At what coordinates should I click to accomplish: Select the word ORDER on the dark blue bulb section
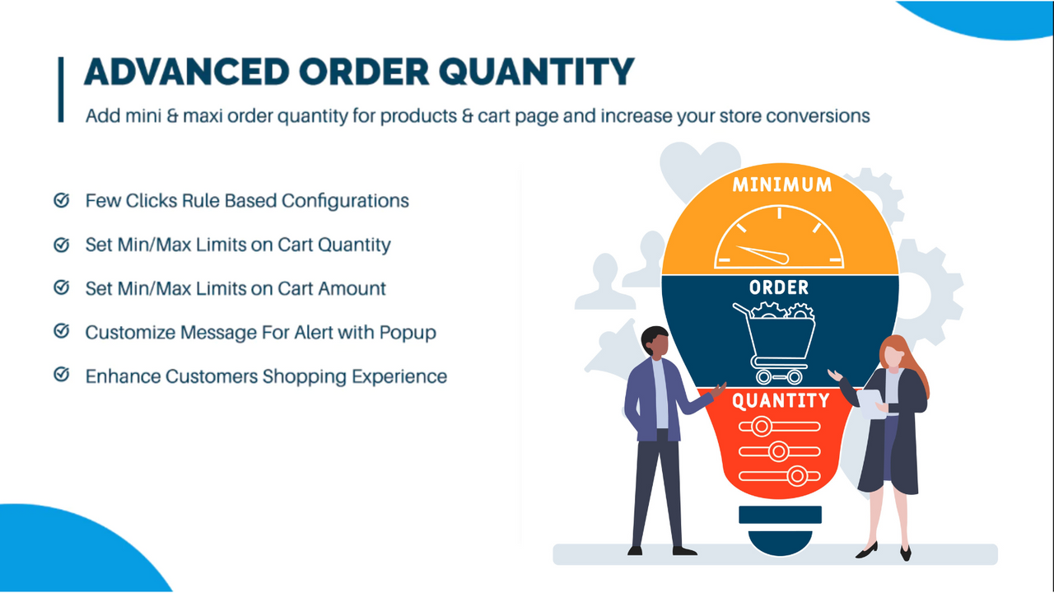pyautogui.click(x=778, y=288)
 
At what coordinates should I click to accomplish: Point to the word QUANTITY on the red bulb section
pyautogui.click(x=780, y=401)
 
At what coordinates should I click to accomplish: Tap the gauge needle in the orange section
pyautogui.click(x=758, y=254)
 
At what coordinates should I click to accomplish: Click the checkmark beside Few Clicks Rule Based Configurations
pyautogui.click(x=61, y=200)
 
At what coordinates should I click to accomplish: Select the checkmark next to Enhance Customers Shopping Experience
pyautogui.click(x=61, y=376)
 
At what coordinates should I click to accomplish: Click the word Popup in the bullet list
pyautogui.click(x=408, y=333)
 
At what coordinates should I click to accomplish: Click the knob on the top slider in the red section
pyautogui.click(x=762, y=426)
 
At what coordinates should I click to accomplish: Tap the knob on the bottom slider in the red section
pyautogui.click(x=796, y=475)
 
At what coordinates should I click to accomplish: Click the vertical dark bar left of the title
pyautogui.click(x=61, y=90)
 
